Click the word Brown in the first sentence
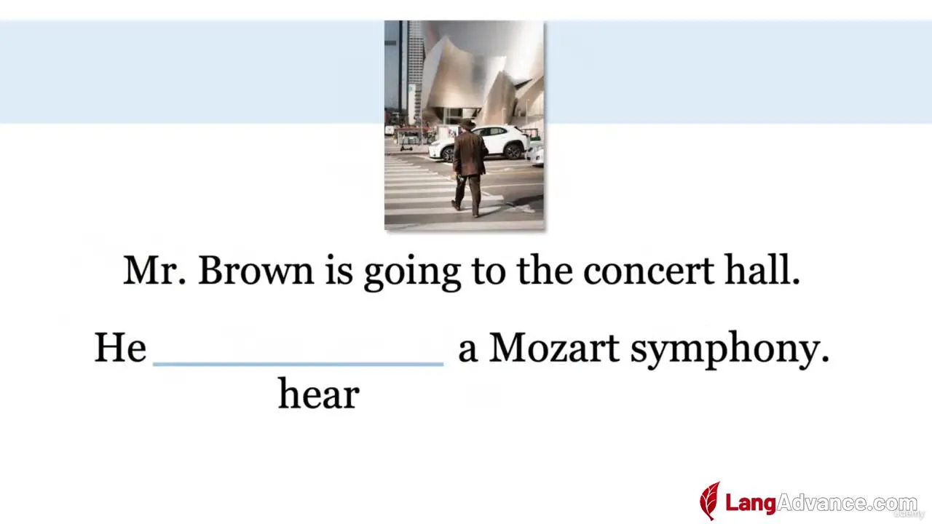point(256,270)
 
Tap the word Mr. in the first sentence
point(154,270)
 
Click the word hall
point(762,269)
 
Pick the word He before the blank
point(120,348)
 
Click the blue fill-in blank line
point(299,365)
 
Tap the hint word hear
point(319,394)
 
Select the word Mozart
point(555,348)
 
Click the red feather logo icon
point(710,500)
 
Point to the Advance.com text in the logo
point(847,503)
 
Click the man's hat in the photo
point(467,124)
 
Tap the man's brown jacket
point(470,153)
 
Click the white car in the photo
point(478,143)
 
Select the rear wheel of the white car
point(513,151)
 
